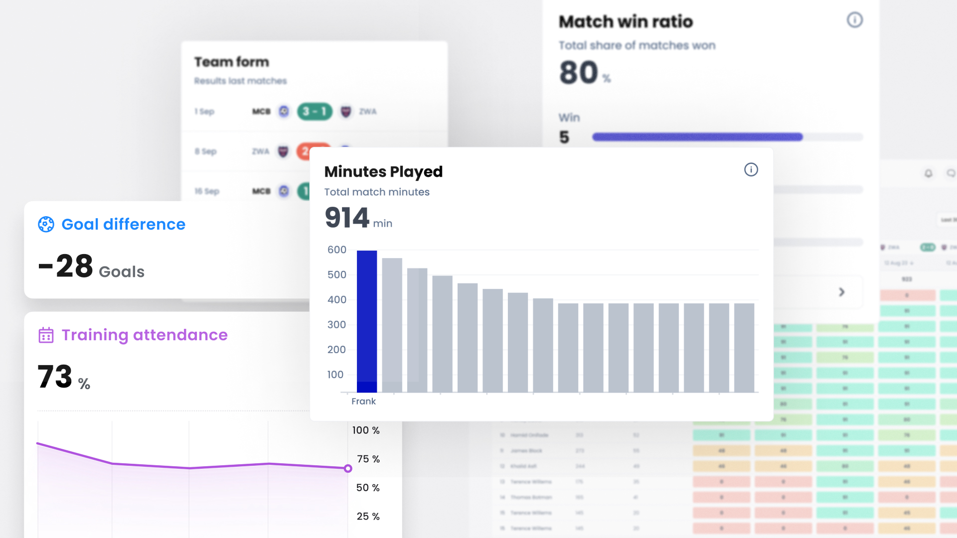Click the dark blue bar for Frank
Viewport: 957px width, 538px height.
[367, 321]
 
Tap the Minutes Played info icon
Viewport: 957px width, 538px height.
[751, 170]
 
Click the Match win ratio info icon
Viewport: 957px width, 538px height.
[854, 20]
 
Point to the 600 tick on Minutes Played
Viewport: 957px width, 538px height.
[337, 250]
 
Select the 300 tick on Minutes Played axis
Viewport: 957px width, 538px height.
[337, 324]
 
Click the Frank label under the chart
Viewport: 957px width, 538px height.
[363, 401]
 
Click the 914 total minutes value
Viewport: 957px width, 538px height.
[347, 218]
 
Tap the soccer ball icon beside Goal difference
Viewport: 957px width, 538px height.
[46, 224]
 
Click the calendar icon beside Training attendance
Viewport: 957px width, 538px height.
[46, 335]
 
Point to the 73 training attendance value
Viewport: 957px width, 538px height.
[55, 377]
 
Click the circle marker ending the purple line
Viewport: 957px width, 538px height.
[348, 468]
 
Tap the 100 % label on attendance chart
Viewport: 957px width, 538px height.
[366, 430]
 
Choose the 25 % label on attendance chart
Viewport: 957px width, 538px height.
[368, 517]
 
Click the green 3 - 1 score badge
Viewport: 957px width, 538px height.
[315, 111]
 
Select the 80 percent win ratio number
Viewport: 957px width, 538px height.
[579, 73]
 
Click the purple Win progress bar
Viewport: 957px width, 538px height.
[697, 137]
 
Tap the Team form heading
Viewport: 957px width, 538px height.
[232, 62]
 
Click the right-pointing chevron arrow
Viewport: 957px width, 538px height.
[841, 292]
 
